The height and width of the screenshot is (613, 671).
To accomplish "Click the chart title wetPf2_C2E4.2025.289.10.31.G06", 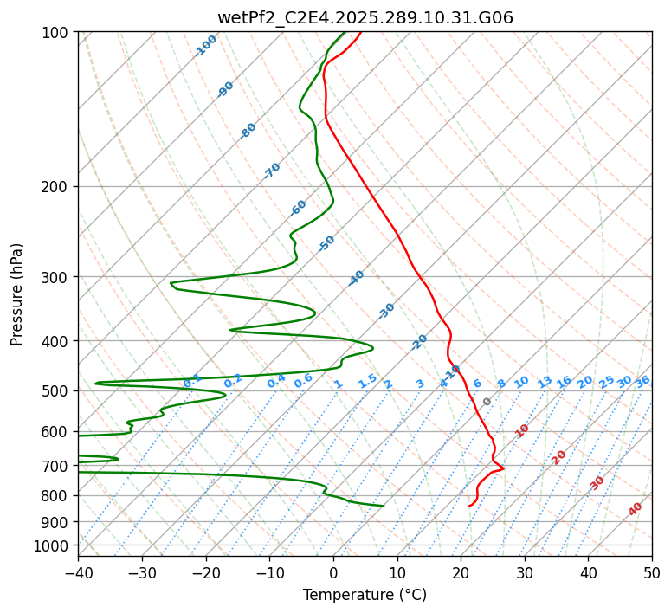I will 365,17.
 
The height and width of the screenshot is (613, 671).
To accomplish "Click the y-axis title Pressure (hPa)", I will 17,294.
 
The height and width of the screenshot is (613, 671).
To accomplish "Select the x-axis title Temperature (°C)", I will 365,595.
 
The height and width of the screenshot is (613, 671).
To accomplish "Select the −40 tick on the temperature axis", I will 78,572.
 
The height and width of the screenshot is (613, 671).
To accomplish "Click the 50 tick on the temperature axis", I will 652,572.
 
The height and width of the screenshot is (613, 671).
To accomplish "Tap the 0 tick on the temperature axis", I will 333,572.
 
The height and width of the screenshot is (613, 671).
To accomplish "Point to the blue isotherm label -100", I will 206,46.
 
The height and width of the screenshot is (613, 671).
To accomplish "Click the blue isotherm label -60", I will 299,208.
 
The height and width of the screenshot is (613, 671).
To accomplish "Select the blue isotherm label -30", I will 387,310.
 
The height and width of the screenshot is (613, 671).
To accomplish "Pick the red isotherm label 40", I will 636,509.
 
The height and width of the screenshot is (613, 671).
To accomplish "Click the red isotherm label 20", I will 559,456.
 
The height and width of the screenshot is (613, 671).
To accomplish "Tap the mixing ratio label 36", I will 642,381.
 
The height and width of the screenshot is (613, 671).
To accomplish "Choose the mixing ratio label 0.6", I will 303,381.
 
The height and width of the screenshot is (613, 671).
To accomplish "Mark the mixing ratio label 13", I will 545,382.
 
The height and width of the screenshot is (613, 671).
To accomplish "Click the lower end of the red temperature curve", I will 469,506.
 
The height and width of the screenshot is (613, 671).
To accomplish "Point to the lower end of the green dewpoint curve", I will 384,506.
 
